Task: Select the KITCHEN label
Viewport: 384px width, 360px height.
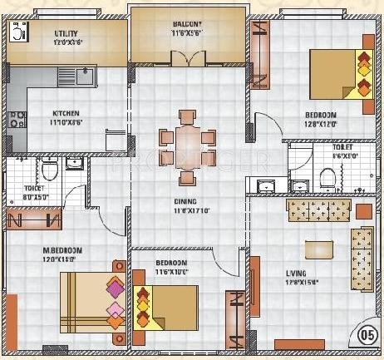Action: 66,114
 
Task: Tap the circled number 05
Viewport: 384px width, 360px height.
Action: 367,336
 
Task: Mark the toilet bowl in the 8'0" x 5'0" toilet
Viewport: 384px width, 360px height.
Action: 50,171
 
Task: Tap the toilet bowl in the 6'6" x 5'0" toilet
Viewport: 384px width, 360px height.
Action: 328,176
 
